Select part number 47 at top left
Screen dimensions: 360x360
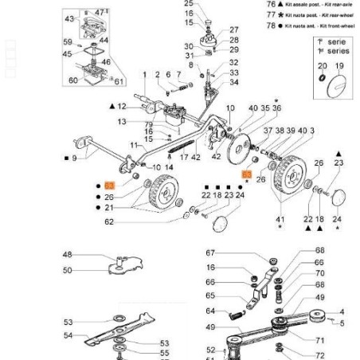click(x=100, y=13)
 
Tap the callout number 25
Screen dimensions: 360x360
click(x=189, y=3)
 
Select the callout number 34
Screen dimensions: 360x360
click(x=233, y=82)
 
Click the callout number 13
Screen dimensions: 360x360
click(x=122, y=122)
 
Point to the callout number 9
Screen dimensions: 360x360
click(x=74, y=158)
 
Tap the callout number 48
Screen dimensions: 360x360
click(x=68, y=255)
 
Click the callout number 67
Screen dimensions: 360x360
click(x=210, y=252)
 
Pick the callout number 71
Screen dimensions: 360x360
click(x=319, y=339)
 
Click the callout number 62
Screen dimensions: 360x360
click(x=109, y=222)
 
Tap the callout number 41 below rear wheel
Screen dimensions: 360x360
click(x=280, y=219)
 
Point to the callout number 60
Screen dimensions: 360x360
click(x=73, y=80)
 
